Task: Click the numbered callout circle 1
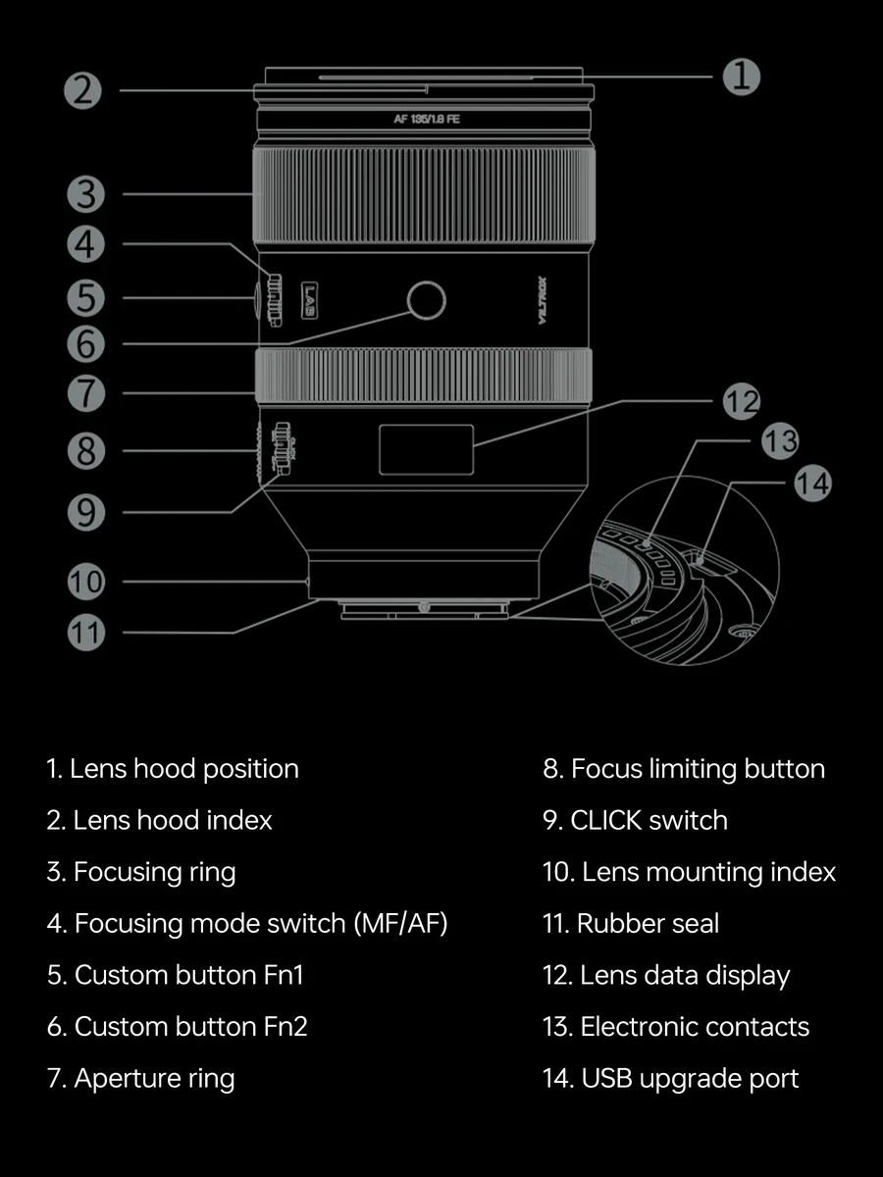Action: pyautogui.click(x=742, y=76)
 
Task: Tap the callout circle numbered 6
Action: pyautogui.click(x=86, y=343)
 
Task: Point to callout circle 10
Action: pyautogui.click(x=86, y=582)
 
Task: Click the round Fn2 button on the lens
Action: pyautogui.click(x=426, y=301)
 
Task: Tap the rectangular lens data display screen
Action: pyautogui.click(x=426, y=449)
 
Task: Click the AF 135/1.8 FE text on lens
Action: pyautogui.click(x=426, y=120)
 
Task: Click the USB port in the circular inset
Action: pyautogui.click(x=702, y=560)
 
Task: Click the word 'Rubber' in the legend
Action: pyautogui.click(x=613, y=923)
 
